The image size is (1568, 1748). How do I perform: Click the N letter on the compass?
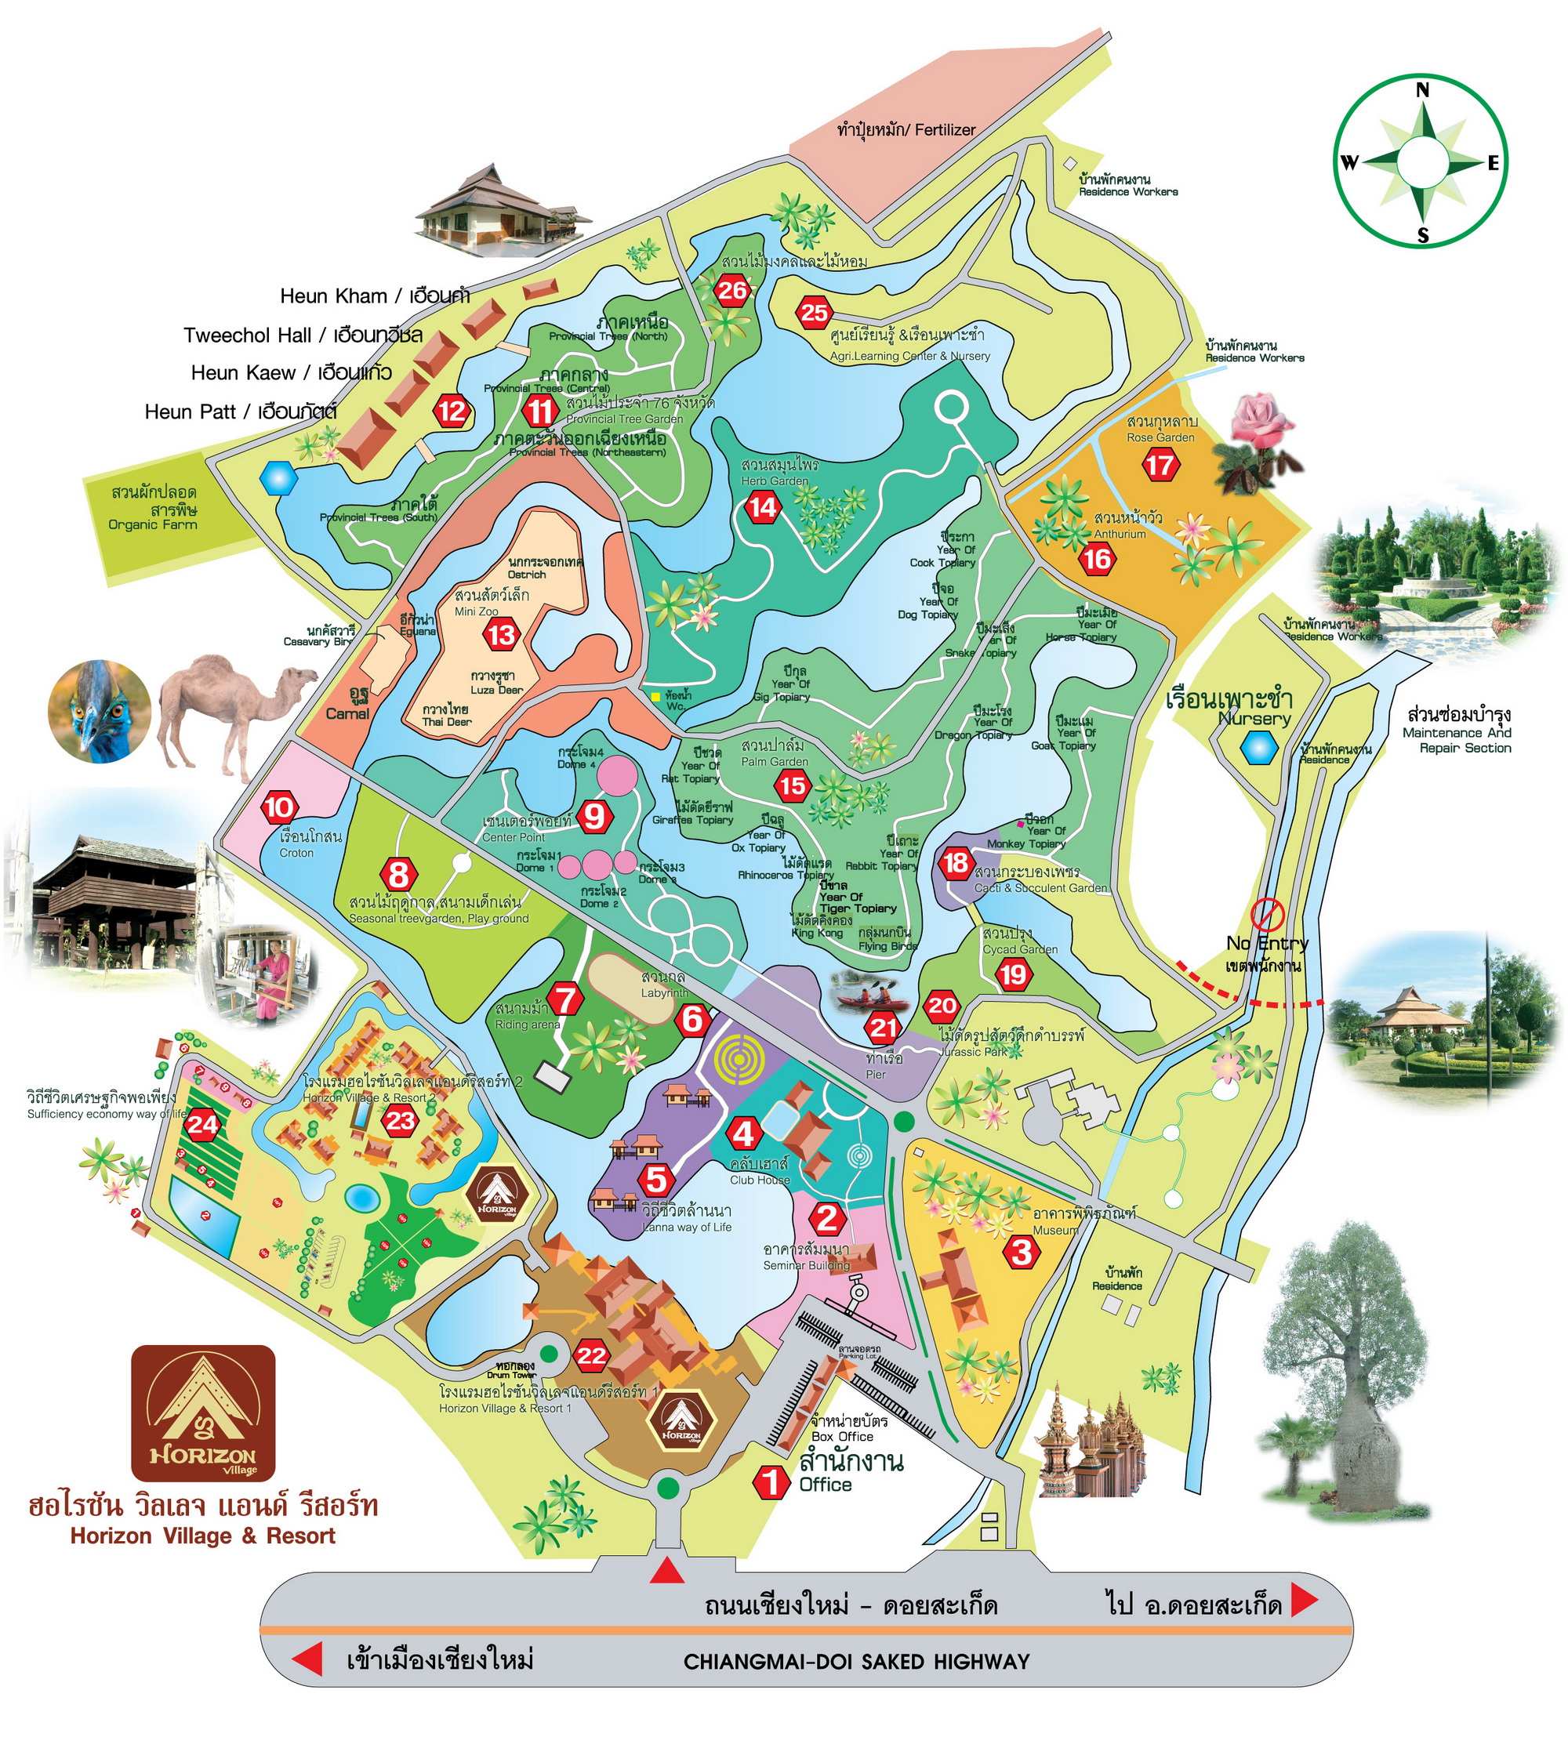pyautogui.click(x=1422, y=90)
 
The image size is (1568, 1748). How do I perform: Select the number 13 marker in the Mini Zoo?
pyautogui.click(x=502, y=636)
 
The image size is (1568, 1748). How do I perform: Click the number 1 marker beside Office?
pyautogui.click(x=770, y=1482)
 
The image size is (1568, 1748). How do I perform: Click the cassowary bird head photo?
pyautogui.click(x=98, y=712)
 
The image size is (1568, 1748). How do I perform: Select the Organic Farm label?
pyautogui.click(x=154, y=508)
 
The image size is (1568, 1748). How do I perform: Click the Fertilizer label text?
pyautogui.click(x=906, y=130)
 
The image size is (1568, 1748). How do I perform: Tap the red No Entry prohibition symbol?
pyautogui.click(x=1267, y=913)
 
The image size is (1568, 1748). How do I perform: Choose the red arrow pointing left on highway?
pyautogui.click(x=307, y=1659)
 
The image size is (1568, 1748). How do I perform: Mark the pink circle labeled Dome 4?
pyautogui.click(x=615, y=775)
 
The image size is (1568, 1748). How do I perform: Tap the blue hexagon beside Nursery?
pyautogui.click(x=1260, y=747)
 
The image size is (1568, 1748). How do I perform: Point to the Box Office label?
pyautogui.click(x=842, y=1436)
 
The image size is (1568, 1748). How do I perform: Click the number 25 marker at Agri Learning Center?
pyautogui.click(x=814, y=313)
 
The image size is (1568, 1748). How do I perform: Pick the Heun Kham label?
pyautogui.click(x=375, y=296)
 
